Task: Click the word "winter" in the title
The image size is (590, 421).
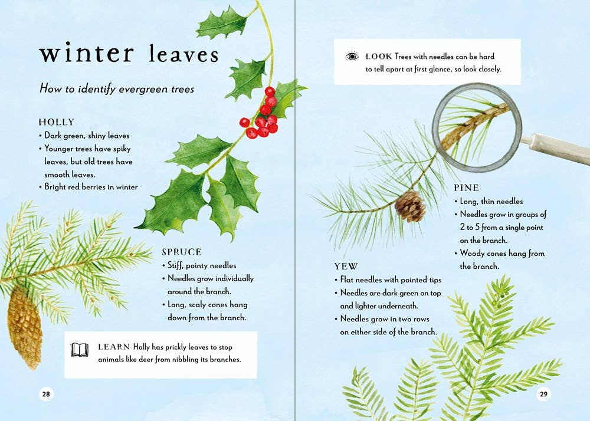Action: pos(86,53)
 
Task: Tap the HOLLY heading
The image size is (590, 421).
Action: pos(57,122)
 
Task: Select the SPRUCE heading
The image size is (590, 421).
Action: pos(182,252)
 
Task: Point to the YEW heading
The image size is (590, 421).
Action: pos(346,267)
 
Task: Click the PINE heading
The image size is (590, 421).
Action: pos(466,188)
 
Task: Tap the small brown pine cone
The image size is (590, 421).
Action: pos(409,206)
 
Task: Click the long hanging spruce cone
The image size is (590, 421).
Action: pos(25,331)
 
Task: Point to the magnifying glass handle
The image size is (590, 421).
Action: pos(555,149)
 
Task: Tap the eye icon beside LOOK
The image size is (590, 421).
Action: pos(352,57)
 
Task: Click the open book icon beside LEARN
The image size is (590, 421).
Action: pos(80,349)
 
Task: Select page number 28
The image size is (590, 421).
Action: pos(47,394)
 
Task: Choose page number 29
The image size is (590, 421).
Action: pos(543,394)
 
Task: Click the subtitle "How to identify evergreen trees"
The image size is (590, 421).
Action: pos(116,89)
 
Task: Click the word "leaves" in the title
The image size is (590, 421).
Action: pos(183,54)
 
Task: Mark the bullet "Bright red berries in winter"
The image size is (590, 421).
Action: pos(91,187)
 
